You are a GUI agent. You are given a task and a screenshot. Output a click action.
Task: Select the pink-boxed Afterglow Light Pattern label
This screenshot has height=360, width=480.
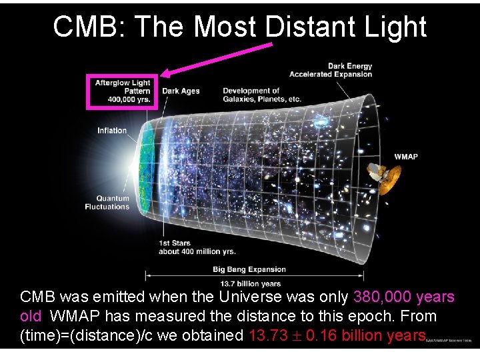(123, 91)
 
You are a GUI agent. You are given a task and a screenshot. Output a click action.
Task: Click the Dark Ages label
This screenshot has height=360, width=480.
(181, 91)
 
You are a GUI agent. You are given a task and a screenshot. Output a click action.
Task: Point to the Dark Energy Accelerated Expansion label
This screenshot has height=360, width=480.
(331, 70)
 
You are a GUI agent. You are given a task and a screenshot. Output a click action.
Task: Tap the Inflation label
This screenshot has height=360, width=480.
(112, 131)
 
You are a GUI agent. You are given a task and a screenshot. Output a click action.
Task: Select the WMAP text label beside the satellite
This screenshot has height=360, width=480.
(406, 157)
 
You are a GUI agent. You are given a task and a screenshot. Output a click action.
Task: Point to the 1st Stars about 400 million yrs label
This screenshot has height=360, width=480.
(197, 248)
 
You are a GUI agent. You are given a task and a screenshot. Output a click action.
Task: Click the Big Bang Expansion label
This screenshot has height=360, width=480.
(249, 270)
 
